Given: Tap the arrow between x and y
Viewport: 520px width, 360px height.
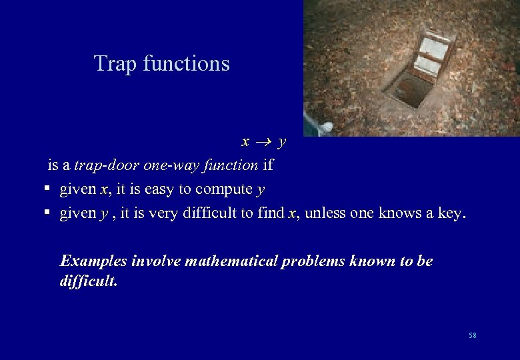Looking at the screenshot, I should pyautogui.click(x=263, y=142).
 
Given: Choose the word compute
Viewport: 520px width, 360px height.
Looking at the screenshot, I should pyautogui.click(x=225, y=189).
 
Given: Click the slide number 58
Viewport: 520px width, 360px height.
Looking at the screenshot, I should pyautogui.click(x=473, y=335).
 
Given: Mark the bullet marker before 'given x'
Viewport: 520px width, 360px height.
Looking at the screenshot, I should pyautogui.click(x=47, y=189).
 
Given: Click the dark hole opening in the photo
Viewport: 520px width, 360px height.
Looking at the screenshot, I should pyautogui.click(x=408, y=90).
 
